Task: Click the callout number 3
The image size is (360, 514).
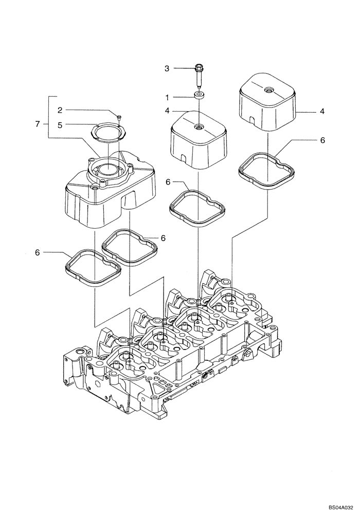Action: (166, 68)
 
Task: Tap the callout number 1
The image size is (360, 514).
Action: (166, 97)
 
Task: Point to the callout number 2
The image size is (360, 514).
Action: (60, 109)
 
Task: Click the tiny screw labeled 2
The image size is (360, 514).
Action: (119, 118)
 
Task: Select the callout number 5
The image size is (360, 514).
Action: (60, 124)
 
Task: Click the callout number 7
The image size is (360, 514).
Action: (37, 124)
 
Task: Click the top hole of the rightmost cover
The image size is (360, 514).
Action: (268, 90)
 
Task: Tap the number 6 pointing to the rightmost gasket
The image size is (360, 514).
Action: (322, 140)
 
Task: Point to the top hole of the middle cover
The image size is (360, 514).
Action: (199, 126)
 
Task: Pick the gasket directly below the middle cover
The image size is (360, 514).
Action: (197, 208)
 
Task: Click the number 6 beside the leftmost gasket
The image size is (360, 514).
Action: (37, 252)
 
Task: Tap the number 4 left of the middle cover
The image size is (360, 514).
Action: (166, 111)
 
